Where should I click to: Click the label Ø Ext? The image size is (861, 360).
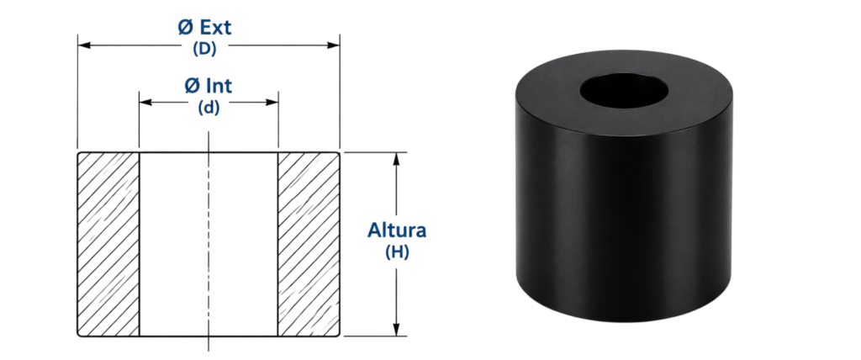[x=205, y=28]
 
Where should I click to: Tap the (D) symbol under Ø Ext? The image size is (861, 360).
[x=205, y=49]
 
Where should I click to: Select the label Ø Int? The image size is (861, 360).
[x=209, y=86]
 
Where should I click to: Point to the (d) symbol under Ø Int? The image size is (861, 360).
[x=209, y=108]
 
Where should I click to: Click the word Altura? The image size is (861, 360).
[x=397, y=230]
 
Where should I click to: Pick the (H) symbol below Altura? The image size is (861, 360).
[x=397, y=252]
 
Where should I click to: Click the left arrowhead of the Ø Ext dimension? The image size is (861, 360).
[x=84, y=45]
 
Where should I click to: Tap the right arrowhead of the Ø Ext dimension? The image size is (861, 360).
[x=333, y=45]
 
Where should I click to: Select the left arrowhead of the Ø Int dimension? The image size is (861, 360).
[x=145, y=103]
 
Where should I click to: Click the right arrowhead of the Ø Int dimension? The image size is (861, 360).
[x=272, y=103]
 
